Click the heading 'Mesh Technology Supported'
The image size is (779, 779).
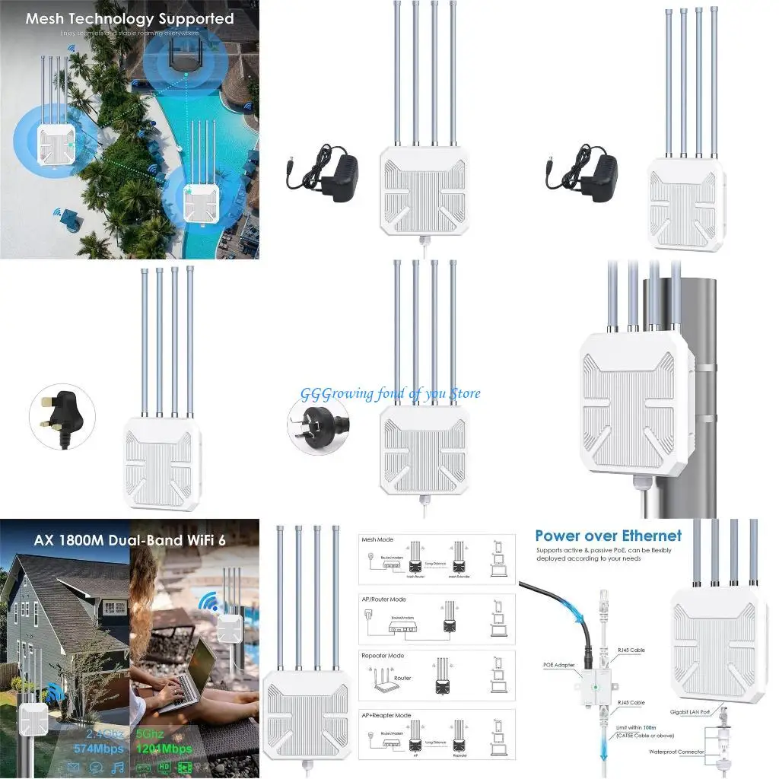[129, 19]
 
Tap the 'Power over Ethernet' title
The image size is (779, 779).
[609, 536]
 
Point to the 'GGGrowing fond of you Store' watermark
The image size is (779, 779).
[390, 393]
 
